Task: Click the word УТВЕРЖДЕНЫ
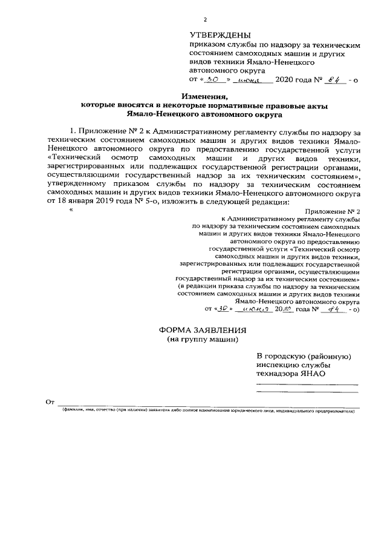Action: tap(220, 36)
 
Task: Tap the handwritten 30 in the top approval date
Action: tap(212, 79)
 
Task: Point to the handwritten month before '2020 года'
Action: tap(249, 80)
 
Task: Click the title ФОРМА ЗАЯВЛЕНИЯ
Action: tap(203, 330)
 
